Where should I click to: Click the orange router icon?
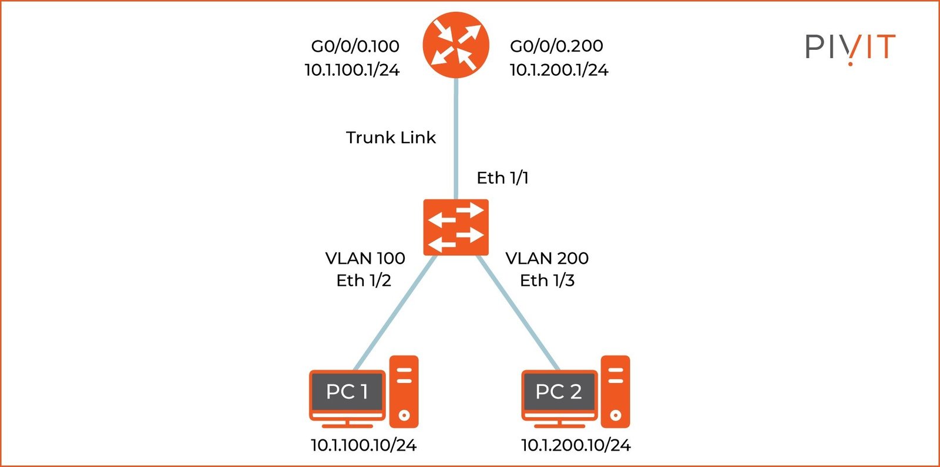456,45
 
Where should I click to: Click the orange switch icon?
456,227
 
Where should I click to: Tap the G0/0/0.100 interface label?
355,46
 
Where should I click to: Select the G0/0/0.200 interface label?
556,46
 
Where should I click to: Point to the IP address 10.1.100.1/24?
352,70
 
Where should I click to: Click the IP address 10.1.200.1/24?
559,70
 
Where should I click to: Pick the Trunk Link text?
391,137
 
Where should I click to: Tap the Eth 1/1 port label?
502,178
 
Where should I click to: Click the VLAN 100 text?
365,258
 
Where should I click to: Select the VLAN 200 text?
547,258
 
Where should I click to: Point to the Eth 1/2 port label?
364,280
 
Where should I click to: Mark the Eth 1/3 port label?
547,280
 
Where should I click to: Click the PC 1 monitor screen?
347,391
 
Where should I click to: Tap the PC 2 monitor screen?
559,391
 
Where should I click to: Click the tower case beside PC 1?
404,391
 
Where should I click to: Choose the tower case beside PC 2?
615,391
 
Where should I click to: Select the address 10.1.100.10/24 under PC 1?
364,445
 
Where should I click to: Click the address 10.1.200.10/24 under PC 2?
576,445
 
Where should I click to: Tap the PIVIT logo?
850,47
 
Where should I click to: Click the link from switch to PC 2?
517,311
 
